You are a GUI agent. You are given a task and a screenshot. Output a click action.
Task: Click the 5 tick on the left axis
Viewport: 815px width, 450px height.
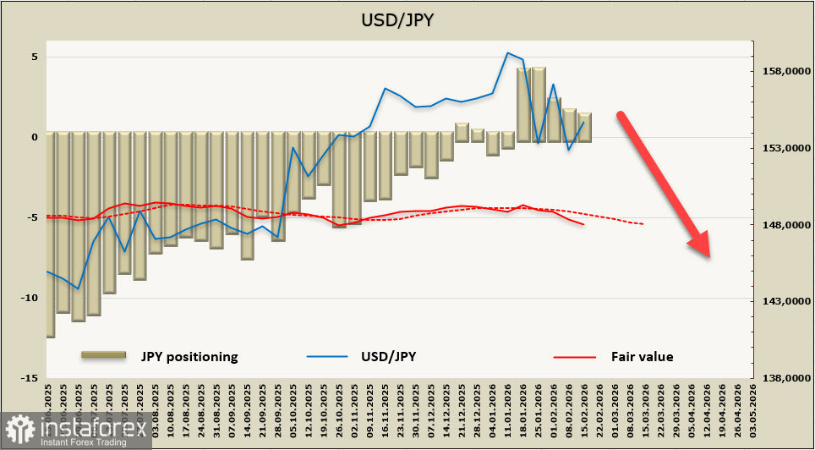click(35, 58)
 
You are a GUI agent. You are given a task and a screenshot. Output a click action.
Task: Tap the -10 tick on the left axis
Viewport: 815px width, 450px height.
click(30, 298)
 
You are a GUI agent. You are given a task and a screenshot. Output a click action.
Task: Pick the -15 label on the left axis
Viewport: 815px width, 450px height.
click(30, 377)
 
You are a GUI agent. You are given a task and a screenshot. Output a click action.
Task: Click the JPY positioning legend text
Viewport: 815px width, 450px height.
click(189, 356)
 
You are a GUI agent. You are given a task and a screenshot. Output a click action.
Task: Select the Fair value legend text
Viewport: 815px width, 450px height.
click(643, 356)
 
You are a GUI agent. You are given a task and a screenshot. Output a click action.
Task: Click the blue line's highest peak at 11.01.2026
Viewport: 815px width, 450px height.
click(507, 52)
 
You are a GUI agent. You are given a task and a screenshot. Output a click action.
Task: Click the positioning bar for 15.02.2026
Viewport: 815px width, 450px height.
click(584, 127)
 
